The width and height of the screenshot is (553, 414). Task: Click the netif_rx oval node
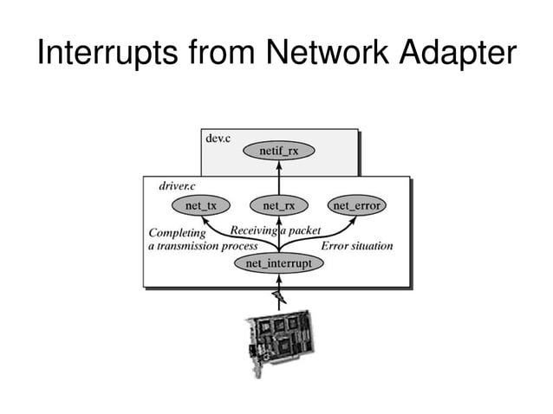coord(278,151)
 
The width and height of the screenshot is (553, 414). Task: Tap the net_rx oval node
coord(278,205)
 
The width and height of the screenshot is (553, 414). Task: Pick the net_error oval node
coord(357,205)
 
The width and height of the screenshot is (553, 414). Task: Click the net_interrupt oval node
coord(278,262)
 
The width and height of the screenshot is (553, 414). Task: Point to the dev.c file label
coord(217,137)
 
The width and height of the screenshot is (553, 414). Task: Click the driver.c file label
coord(177,186)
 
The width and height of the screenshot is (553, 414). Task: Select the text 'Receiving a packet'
coord(276,230)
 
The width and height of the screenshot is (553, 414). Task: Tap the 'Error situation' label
coord(356,245)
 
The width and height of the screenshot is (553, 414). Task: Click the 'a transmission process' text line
coord(203,245)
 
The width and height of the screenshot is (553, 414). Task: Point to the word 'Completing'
coord(177,232)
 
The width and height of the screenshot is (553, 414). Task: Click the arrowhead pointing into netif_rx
coord(278,165)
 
